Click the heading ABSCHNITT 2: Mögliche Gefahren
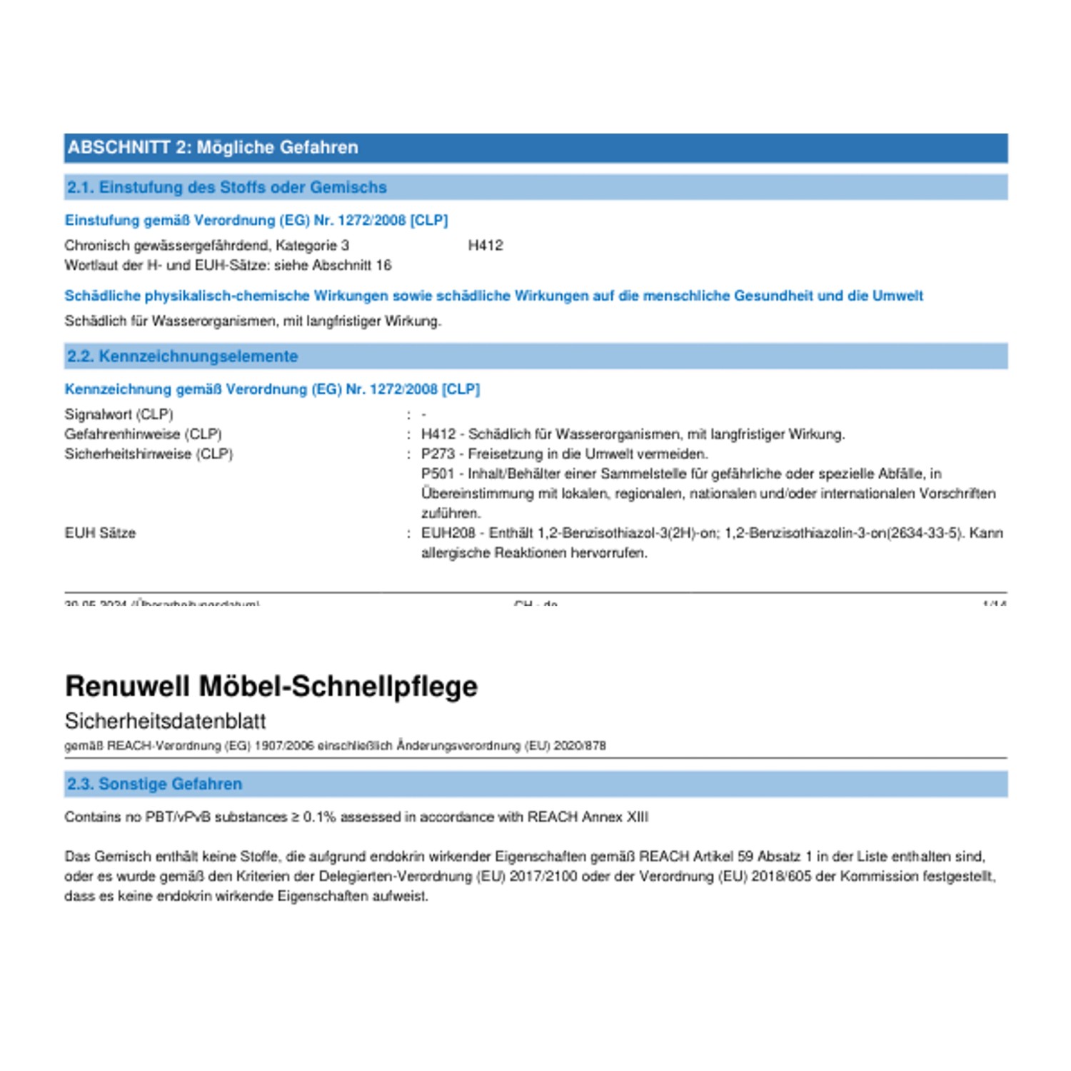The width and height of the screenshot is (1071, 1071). click(213, 148)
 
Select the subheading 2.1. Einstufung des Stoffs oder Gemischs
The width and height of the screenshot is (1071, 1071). click(226, 188)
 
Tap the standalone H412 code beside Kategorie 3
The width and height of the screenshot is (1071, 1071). click(486, 246)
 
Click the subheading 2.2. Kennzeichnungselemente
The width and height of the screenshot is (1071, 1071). click(182, 356)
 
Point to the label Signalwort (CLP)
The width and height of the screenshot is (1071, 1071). click(119, 415)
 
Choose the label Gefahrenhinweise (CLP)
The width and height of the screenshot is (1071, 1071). click(143, 434)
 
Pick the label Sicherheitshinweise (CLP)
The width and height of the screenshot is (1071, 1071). click(149, 454)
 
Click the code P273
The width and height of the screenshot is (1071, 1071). click(438, 454)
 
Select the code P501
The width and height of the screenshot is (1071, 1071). click(438, 474)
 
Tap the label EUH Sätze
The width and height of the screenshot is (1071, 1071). click(100, 533)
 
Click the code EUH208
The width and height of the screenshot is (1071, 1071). click(448, 533)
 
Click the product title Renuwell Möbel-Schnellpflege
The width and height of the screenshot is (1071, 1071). click(271, 686)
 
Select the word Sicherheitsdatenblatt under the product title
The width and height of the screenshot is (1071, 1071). click(165, 721)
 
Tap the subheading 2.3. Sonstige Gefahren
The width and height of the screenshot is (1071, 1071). click(154, 784)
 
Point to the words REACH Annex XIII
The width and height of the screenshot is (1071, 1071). click(588, 817)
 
